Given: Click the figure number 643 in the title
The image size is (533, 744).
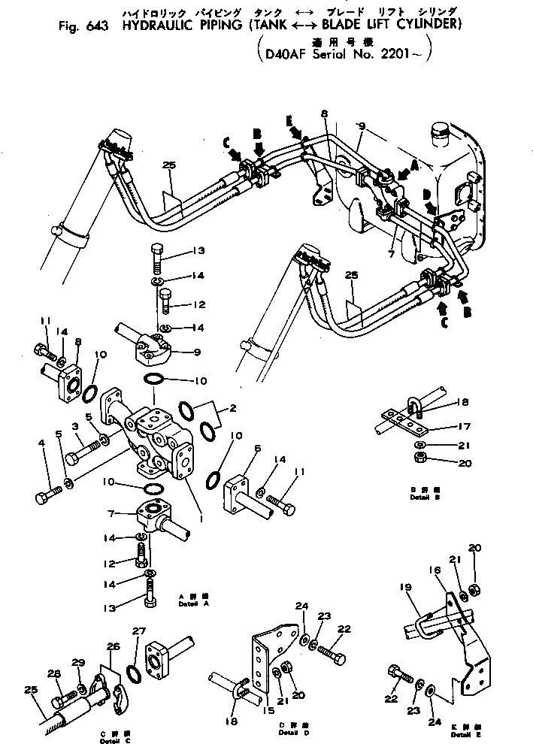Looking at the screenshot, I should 97,25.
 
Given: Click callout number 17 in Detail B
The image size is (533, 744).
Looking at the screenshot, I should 464,427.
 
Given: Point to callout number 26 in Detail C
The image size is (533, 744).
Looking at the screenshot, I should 114,646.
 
